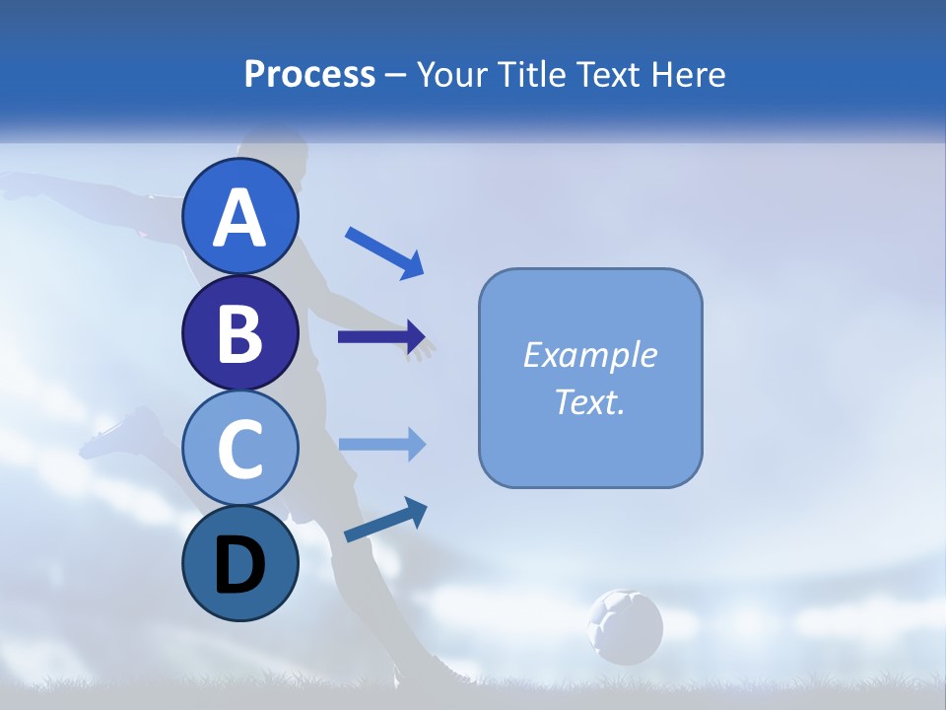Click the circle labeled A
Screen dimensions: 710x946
point(239,216)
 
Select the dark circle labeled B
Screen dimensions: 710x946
point(239,332)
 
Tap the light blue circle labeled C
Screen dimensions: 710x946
point(239,449)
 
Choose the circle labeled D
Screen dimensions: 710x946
point(239,564)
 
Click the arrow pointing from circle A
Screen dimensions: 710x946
point(384,251)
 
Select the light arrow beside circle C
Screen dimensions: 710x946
point(382,444)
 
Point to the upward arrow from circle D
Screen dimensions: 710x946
point(385,520)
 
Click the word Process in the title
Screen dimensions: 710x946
point(309,74)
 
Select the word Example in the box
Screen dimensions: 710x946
point(590,355)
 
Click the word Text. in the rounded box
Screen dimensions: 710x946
point(590,401)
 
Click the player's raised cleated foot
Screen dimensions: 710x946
point(123,434)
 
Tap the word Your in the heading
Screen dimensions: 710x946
point(452,74)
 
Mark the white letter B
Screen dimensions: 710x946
point(239,333)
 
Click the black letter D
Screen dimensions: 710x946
point(239,565)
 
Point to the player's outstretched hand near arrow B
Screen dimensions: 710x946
point(424,348)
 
